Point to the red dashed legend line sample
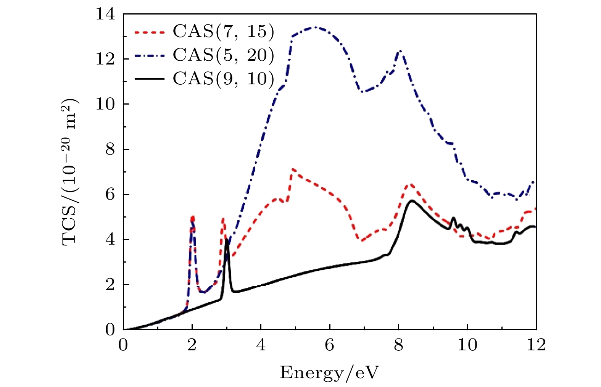click(x=150, y=32)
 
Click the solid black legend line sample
click(x=150, y=79)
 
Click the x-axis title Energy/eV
click(x=330, y=372)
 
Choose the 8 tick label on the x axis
click(x=398, y=345)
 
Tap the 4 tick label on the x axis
click(x=261, y=345)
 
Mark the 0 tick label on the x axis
click(x=123, y=345)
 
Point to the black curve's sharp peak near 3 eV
click(x=227, y=239)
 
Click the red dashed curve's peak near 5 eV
click(x=292, y=169)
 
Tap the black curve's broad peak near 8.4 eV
click(x=411, y=200)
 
